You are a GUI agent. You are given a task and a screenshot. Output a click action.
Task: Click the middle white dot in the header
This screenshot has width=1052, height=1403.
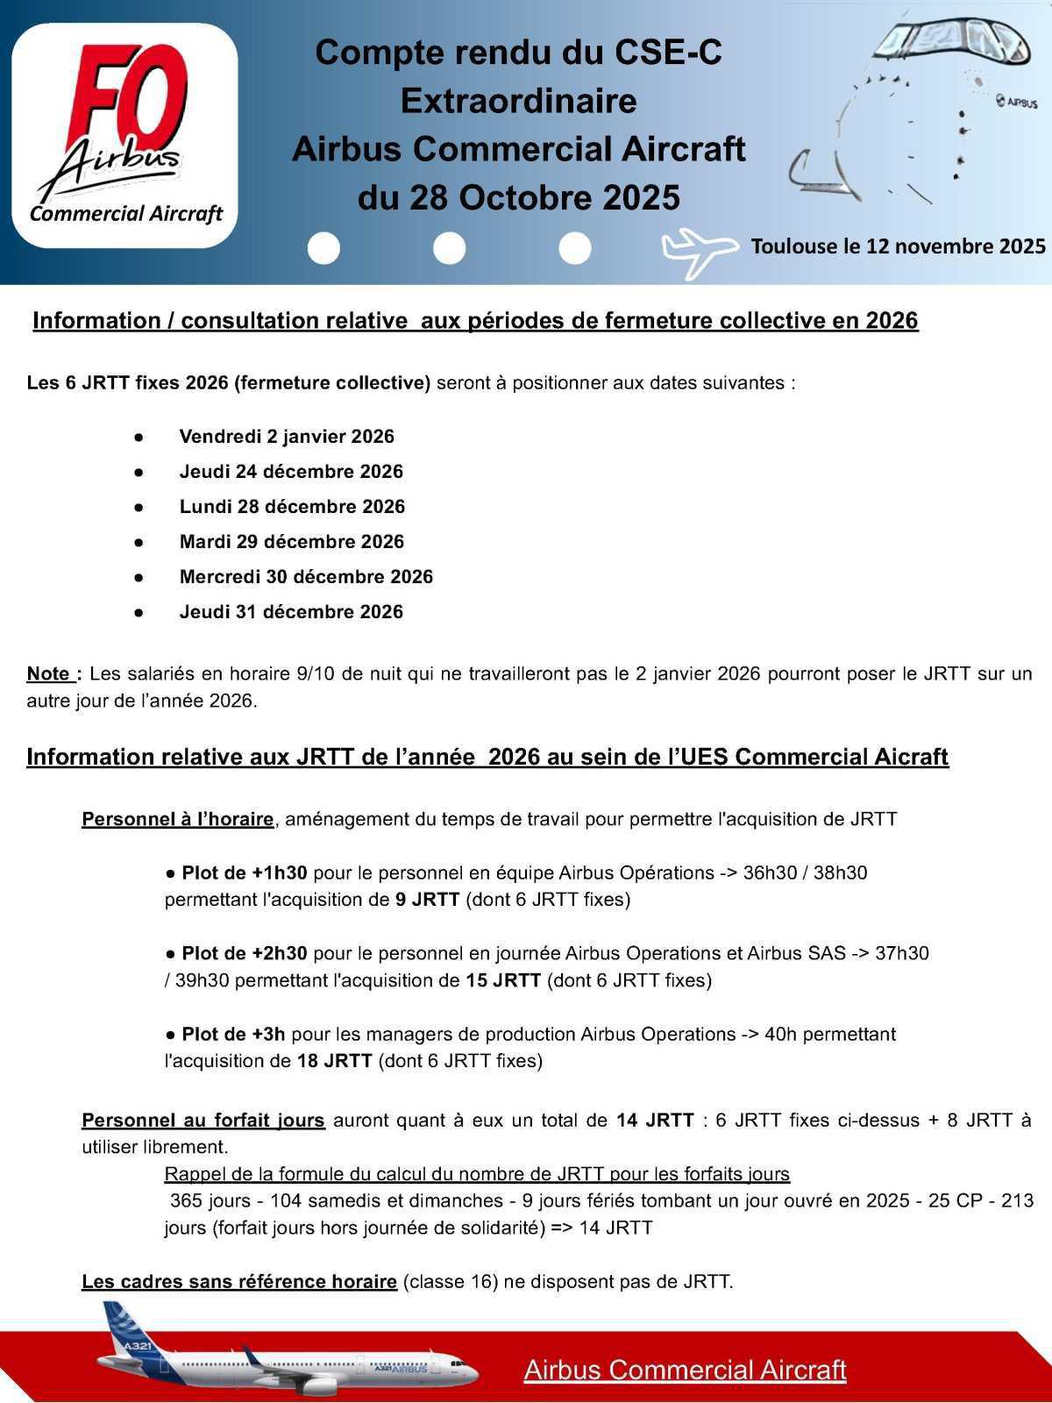pos(449,249)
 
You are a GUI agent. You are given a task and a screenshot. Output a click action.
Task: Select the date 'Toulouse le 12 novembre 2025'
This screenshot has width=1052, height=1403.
pos(898,246)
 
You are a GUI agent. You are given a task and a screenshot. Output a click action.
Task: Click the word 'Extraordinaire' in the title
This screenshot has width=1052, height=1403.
pos(518,101)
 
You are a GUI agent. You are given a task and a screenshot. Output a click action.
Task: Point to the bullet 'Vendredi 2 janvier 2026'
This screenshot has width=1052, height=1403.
pos(287,437)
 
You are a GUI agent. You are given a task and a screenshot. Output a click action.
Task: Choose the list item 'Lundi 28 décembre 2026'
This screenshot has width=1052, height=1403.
pos(292,507)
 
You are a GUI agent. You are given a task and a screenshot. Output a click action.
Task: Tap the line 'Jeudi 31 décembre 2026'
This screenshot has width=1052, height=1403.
pos(291,612)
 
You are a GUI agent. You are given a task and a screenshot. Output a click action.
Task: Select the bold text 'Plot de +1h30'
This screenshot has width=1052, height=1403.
pos(244,873)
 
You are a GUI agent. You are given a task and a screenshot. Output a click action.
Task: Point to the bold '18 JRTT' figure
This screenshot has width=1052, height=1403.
pos(334,1061)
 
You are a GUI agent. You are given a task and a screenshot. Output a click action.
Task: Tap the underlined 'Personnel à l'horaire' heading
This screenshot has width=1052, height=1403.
pos(177,820)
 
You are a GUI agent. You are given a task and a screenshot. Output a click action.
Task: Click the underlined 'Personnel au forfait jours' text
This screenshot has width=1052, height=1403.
pos(203,1121)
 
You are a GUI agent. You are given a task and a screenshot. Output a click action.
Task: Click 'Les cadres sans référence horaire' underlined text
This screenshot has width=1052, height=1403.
pos(238,1282)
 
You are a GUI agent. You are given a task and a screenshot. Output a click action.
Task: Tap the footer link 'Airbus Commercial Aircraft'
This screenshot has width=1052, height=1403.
pos(685,1370)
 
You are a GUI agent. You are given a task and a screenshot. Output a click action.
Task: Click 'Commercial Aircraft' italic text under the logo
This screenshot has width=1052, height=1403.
pos(126,214)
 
